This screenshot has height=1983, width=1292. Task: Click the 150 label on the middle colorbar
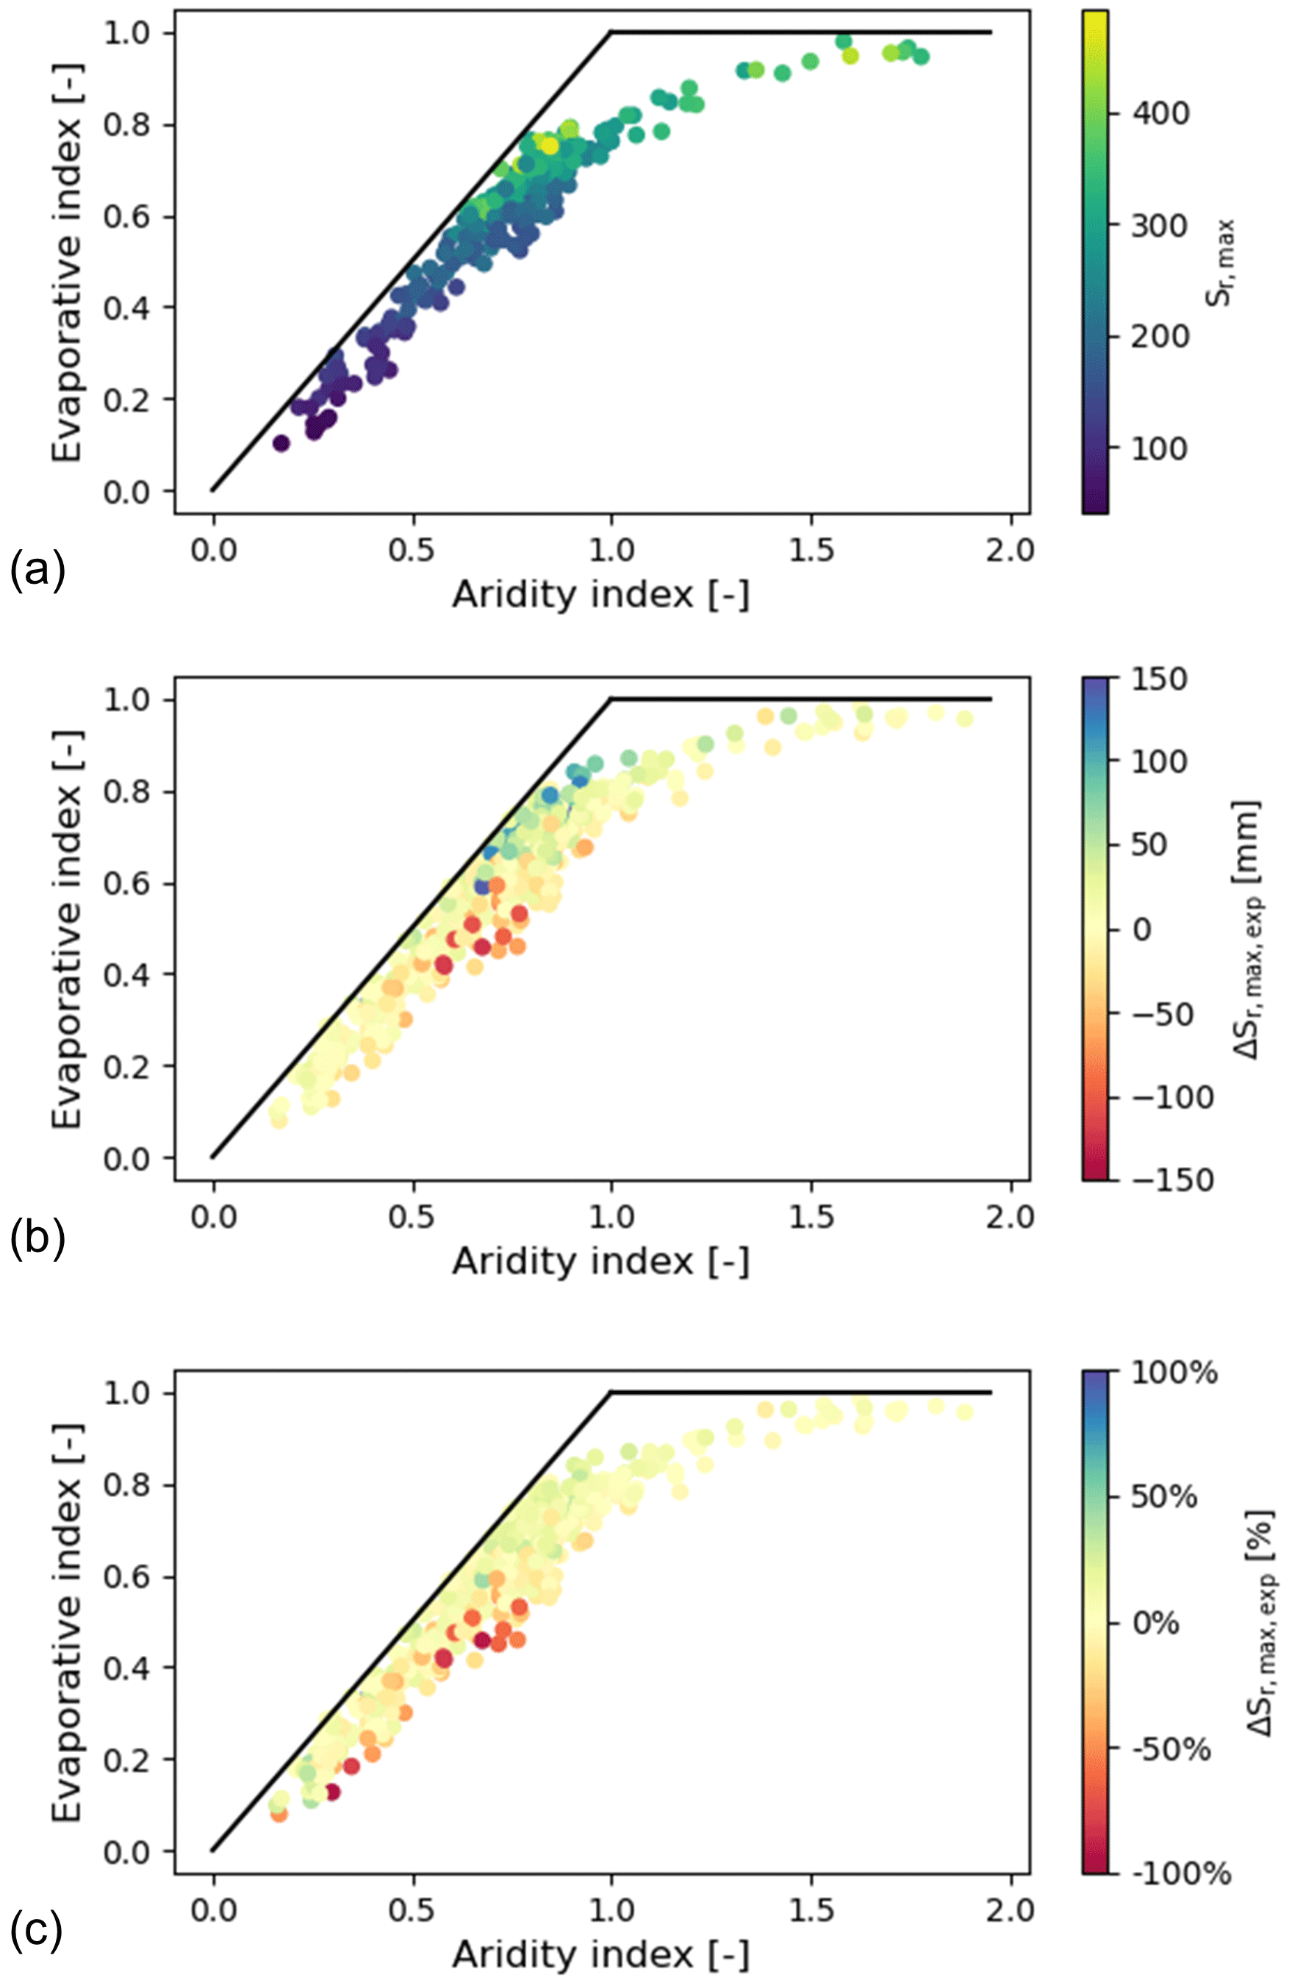[x=1159, y=679]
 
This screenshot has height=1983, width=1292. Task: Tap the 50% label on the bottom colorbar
[x=1163, y=1497]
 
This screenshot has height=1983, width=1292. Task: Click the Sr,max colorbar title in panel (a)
[x=1222, y=262]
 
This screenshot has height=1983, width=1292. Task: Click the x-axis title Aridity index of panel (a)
[x=600, y=595]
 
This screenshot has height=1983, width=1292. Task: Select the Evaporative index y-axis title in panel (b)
[x=67, y=929]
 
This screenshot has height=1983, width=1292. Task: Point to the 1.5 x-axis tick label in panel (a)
[x=811, y=551]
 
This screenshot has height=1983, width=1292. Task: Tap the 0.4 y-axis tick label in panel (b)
[x=126, y=975]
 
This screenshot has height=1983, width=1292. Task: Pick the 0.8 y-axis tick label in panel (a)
[x=126, y=125]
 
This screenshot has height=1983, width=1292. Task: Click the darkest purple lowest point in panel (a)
[x=281, y=443]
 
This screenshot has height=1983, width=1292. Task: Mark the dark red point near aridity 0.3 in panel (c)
[x=333, y=1791]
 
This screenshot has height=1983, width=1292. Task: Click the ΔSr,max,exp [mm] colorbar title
[x=1247, y=929]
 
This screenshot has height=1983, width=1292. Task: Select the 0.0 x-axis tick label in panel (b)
[x=213, y=1218]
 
